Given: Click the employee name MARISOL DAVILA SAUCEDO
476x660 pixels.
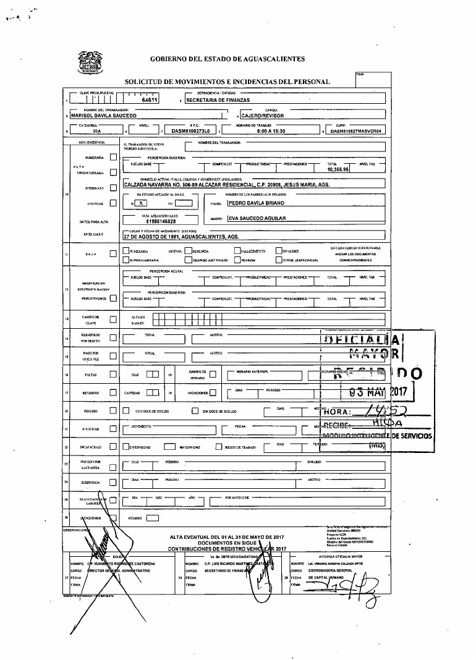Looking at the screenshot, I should point(105,115).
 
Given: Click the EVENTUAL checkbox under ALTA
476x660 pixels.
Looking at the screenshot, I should point(113,203).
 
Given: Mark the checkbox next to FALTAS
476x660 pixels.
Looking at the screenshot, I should point(113,374).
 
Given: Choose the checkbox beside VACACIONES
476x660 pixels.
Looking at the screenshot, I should point(213,392).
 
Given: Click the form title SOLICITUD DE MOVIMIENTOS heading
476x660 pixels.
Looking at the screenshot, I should point(227,82).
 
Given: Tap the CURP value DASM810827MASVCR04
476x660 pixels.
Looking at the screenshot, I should point(357,131).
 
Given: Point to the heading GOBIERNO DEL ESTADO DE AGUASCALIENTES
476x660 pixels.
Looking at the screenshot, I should point(227,59).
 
